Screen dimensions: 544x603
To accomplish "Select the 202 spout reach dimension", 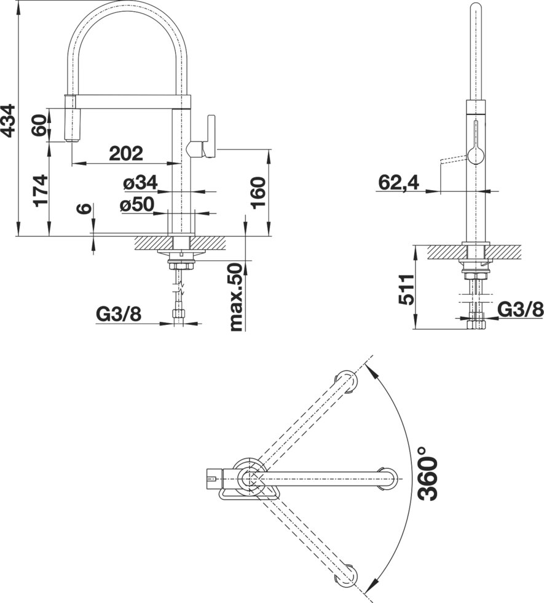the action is click(126, 153).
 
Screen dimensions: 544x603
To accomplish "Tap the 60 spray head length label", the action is click(39, 126).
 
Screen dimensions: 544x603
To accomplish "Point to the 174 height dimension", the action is click(41, 191).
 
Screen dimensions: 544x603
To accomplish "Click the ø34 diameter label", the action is click(140, 183).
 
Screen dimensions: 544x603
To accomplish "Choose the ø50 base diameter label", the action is click(136, 204).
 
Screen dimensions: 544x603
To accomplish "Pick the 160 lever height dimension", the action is click(258, 193).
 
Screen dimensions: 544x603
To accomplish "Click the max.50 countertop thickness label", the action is click(236, 297).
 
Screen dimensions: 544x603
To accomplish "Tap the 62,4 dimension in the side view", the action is click(399, 183).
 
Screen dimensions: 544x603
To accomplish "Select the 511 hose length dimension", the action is click(406, 290).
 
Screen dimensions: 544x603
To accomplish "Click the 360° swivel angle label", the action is click(428, 473).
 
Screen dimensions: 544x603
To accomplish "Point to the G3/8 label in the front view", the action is click(119, 314).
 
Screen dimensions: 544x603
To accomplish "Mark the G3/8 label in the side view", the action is click(521, 309).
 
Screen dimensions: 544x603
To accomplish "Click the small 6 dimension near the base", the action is click(84, 208).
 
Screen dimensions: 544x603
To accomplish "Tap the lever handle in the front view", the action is click(210, 136).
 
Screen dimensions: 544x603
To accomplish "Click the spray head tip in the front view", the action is click(71, 141).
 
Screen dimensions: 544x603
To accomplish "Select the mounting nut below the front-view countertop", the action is click(181, 266).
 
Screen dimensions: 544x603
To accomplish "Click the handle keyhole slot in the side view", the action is click(476, 143).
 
